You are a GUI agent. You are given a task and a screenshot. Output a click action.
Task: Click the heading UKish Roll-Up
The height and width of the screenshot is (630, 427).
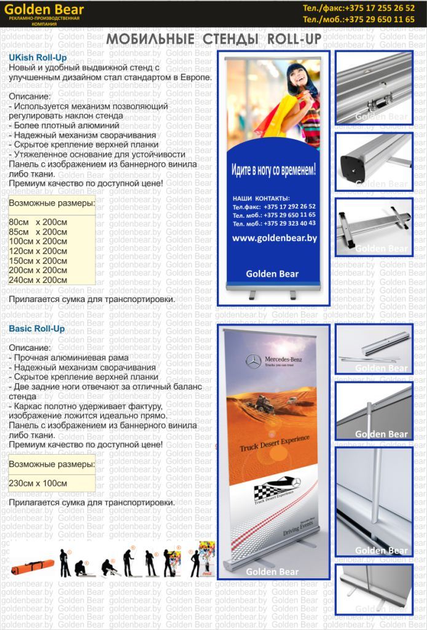point(37,57)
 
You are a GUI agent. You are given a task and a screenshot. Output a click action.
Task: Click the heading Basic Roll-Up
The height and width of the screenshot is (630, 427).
point(37,329)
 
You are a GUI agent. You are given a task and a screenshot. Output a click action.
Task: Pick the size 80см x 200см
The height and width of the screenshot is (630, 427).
point(38,222)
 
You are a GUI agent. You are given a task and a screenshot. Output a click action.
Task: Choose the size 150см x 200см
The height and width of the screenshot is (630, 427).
point(38,261)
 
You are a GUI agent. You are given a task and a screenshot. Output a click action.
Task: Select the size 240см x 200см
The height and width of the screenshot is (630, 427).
point(38,280)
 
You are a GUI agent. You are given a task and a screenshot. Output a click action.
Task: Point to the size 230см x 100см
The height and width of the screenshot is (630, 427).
point(38,483)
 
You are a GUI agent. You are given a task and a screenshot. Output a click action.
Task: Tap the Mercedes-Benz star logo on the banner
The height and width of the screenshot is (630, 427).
point(253,361)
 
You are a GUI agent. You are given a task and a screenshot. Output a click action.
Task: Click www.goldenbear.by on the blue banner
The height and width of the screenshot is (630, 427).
point(275,238)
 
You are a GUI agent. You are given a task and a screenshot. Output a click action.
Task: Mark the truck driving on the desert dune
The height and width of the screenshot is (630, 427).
point(265,404)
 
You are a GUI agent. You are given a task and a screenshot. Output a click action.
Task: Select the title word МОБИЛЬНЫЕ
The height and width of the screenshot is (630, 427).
point(146,40)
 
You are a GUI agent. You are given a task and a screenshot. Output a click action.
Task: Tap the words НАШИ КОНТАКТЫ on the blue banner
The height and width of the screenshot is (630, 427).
point(261,198)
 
